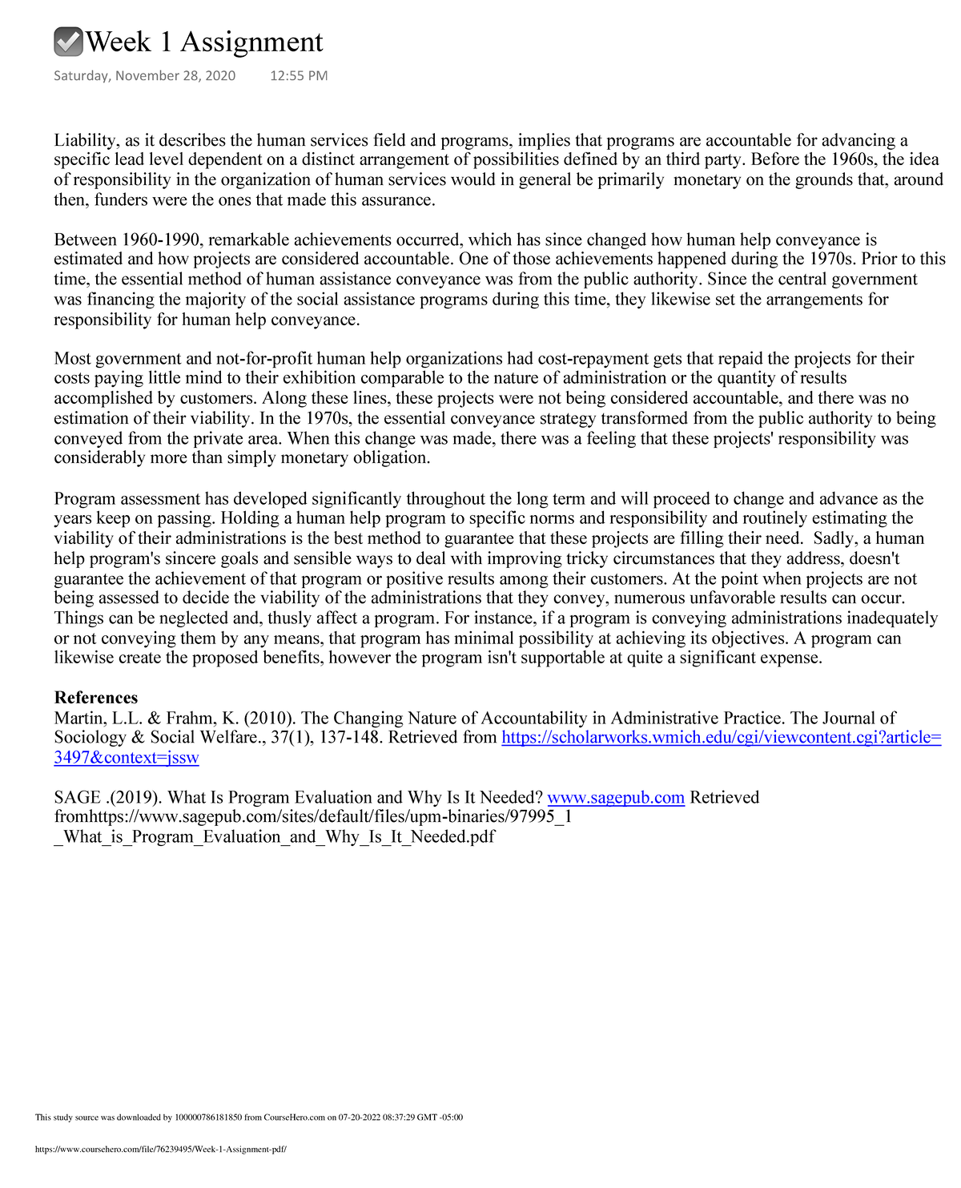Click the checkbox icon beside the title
pyautogui.click(x=68, y=42)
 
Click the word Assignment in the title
pyautogui.click(x=251, y=42)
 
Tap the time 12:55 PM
pyautogui.click(x=299, y=76)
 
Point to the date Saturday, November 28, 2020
pyautogui.click(x=144, y=76)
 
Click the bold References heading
pyautogui.click(x=96, y=698)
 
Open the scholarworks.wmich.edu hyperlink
pyautogui.click(x=721, y=738)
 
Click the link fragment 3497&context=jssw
pyautogui.click(x=126, y=758)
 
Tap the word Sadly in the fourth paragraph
pyautogui.click(x=834, y=538)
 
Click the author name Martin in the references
pyautogui.click(x=78, y=719)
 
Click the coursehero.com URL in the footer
pyautogui.click(x=160, y=1149)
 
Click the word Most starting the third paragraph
pyautogui.click(x=72, y=359)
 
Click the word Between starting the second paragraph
pyautogui.click(x=86, y=240)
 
